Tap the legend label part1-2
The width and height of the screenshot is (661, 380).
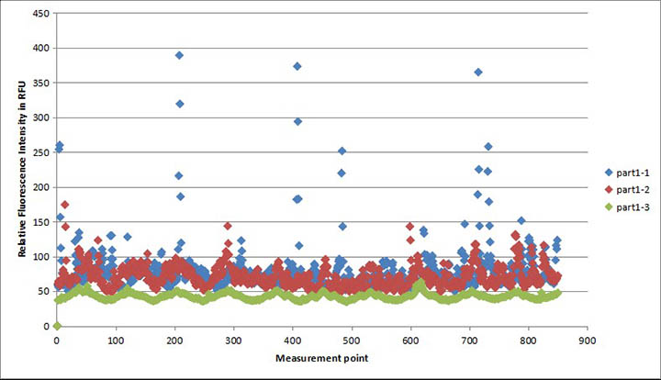click(629, 189)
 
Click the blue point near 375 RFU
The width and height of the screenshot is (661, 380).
click(297, 66)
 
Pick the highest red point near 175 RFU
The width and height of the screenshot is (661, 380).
click(64, 205)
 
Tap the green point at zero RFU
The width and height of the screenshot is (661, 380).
click(57, 326)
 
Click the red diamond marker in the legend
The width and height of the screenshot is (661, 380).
click(609, 189)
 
